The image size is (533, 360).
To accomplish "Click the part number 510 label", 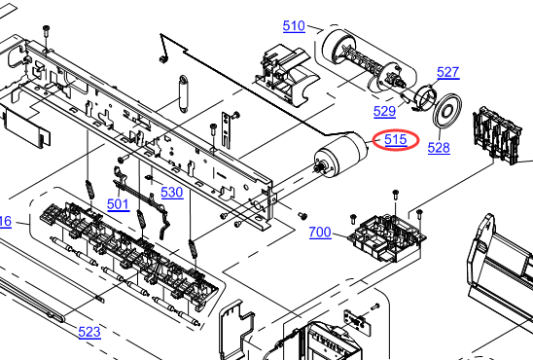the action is (294, 26).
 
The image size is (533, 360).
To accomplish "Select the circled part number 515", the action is (396, 140).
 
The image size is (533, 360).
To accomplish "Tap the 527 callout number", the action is (448, 72).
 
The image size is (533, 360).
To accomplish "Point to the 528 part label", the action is (439, 148).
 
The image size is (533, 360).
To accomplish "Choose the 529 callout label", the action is (384, 112).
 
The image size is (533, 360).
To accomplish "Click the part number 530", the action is (172, 193).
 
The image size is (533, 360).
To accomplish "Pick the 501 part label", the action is (119, 204).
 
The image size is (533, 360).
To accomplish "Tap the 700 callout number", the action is (320, 233).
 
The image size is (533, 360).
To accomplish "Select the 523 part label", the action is (89, 332).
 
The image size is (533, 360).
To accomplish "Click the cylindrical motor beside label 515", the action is (341, 156).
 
